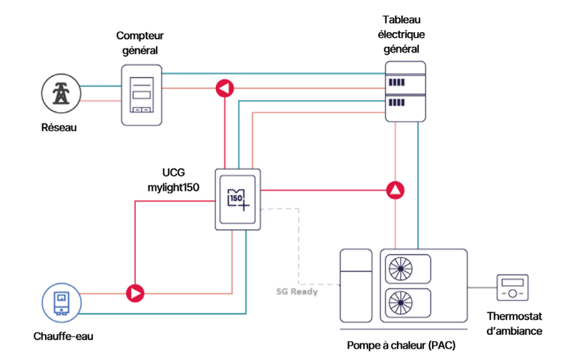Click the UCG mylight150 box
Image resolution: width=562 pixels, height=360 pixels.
click(x=239, y=199)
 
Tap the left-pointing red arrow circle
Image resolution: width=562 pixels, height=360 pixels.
click(x=225, y=89)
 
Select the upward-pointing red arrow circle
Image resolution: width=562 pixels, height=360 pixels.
click(x=395, y=191)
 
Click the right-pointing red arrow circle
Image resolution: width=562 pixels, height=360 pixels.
click(x=134, y=292)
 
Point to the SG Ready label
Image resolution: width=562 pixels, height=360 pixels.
click(x=297, y=291)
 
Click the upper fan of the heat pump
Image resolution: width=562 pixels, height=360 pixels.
click(x=400, y=268)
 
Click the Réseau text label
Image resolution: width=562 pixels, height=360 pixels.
click(x=59, y=128)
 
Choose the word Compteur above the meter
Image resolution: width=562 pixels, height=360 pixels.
click(x=139, y=36)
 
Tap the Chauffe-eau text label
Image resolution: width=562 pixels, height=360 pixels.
click(x=63, y=336)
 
